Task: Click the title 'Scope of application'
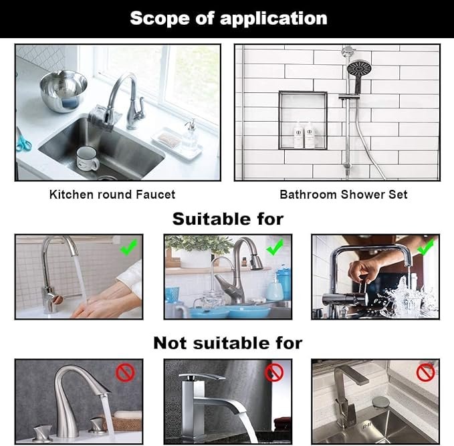(x=228, y=18)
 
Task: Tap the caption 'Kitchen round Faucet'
(x=112, y=195)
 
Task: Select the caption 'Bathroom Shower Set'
(x=343, y=195)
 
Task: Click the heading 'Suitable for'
(x=228, y=219)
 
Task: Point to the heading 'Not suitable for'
(x=228, y=343)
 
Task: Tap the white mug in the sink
(x=86, y=158)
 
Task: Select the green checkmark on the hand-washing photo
(x=129, y=247)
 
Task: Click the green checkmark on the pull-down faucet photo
(x=275, y=249)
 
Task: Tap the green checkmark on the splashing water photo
(x=425, y=248)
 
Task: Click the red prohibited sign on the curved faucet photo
(x=126, y=372)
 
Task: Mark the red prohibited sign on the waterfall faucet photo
(x=275, y=372)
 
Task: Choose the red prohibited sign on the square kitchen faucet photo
(x=425, y=372)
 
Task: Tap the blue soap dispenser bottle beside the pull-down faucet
(x=275, y=288)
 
